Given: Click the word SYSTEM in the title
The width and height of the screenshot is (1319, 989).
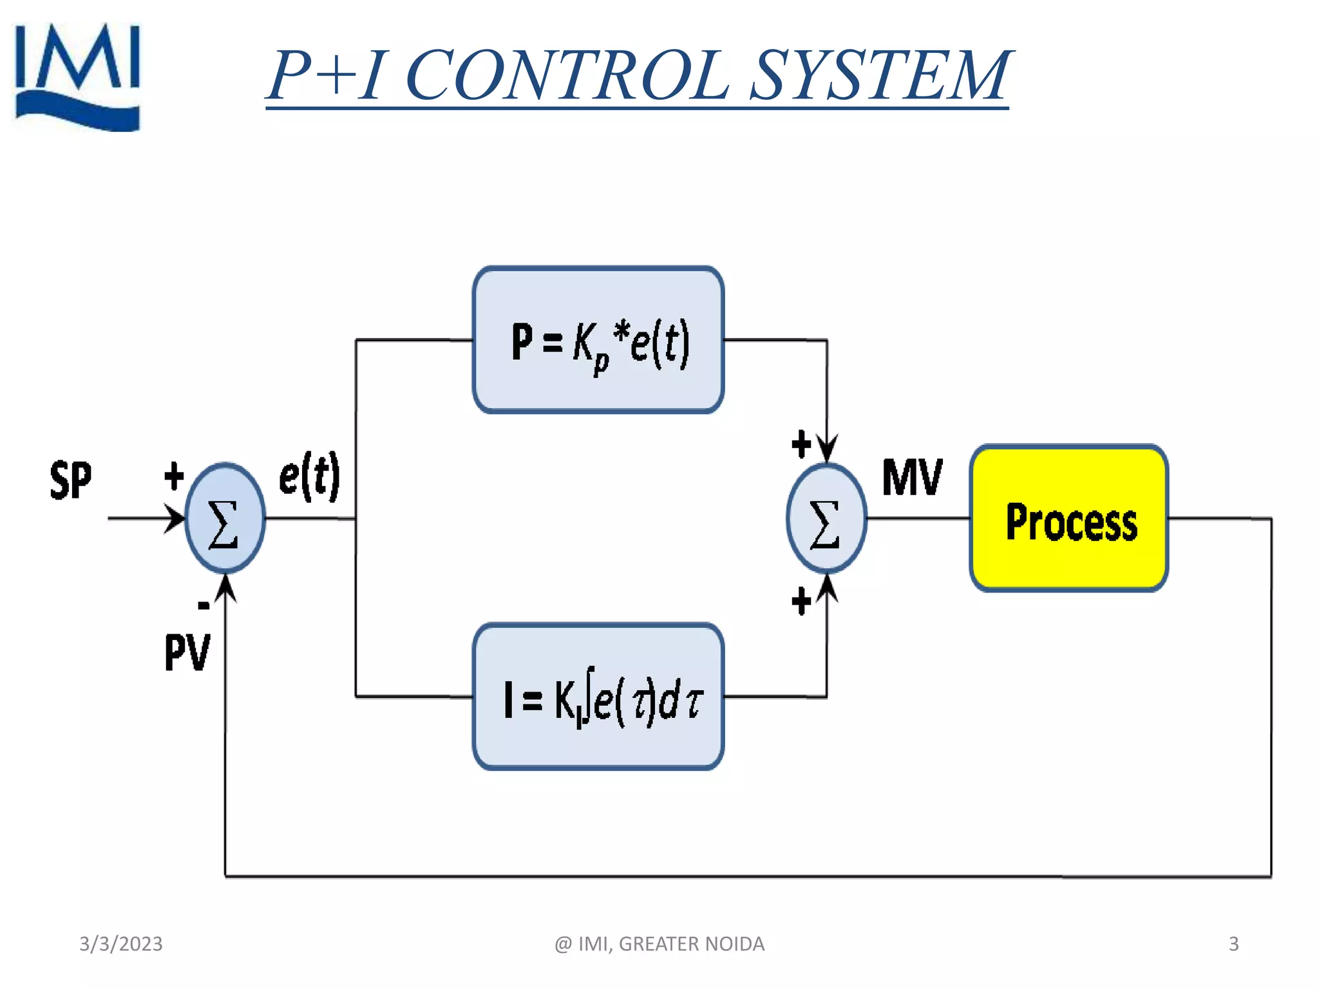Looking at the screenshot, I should tap(880, 76).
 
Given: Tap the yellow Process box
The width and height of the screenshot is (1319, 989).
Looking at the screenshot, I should tap(1069, 519).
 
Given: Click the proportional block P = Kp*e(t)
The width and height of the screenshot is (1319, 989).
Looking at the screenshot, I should tap(598, 340).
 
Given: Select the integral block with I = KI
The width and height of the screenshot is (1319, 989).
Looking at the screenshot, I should tap(598, 697).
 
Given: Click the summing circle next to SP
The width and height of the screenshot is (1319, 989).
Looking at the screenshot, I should tap(225, 518).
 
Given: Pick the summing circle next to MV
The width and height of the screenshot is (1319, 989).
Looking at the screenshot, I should tap(826, 518).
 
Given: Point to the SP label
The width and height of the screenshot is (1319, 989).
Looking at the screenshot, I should tap(71, 480).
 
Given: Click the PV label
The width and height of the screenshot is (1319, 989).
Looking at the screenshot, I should tap(187, 652).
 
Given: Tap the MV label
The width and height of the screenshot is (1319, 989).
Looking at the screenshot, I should tap(913, 478).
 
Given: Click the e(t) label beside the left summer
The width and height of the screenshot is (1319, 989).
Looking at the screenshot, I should tap(309, 476).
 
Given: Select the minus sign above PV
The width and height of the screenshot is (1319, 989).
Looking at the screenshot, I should tap(204, 605).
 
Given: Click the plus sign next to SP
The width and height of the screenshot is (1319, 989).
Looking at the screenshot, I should tap(174, 476).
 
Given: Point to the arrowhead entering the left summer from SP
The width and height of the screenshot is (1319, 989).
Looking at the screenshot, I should tap(175, 518).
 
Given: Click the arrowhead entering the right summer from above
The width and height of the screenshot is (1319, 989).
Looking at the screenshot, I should tap(827, 448).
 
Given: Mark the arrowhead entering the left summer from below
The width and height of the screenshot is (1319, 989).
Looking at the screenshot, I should tap(225, 587).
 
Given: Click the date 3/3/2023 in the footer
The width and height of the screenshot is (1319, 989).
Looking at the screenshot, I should tap(121, 944).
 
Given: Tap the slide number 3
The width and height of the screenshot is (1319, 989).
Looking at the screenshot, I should tap(1233, 944).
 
